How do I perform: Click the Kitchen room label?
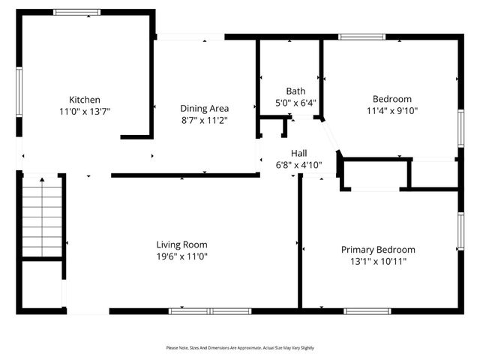tap(85, 100)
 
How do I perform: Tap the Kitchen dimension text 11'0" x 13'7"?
tap(85, 111)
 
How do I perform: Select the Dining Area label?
tap(204, 108)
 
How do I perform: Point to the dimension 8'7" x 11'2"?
tap(204, 119)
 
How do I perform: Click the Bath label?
tap(295, 91)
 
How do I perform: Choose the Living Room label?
tap(181, 244)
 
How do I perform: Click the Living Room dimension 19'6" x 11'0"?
tap(181, 256)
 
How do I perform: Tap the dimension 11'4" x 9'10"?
tap(392, 110)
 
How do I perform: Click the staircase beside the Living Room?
tap(41, 217)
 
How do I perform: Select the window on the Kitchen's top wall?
tap(77, 12)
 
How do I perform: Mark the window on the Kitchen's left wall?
tap(19, 91)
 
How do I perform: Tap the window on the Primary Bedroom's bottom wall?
tap(367, 310)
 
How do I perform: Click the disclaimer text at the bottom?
tap(240, 348)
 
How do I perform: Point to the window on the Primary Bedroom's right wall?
tap(460, 231)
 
